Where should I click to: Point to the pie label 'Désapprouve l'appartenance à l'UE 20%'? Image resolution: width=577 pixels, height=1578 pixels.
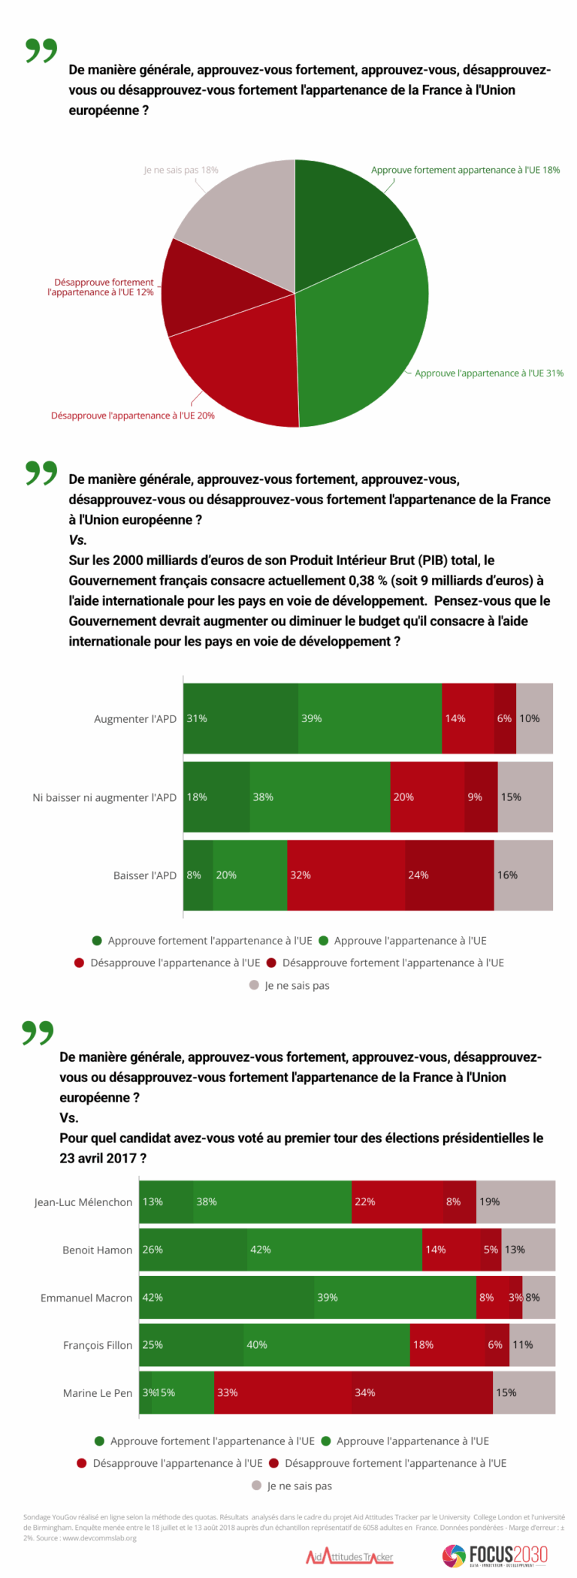point(132,416)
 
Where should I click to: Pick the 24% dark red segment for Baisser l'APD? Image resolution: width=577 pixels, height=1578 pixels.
point(449,875)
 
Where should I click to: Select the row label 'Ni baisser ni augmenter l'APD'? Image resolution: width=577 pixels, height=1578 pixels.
point(104,797)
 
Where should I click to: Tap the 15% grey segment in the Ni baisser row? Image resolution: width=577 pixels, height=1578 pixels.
point(525,797)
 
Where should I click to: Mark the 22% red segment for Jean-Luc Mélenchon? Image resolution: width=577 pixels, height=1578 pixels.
point(397,1202)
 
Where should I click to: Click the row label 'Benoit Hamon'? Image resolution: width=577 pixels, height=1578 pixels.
point(97,1250)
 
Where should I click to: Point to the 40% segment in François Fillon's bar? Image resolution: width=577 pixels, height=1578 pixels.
point(327,1344)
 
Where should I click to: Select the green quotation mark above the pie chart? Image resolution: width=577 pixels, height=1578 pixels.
point(41,50)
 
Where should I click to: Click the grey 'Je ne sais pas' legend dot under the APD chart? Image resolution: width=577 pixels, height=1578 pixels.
point(254,985)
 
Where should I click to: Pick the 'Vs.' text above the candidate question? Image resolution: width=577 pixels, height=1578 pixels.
point(69,1117)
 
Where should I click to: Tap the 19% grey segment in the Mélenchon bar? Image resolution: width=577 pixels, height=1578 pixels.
point(515,1202)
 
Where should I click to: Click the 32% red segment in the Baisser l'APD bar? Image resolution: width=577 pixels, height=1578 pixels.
point(346,875)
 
